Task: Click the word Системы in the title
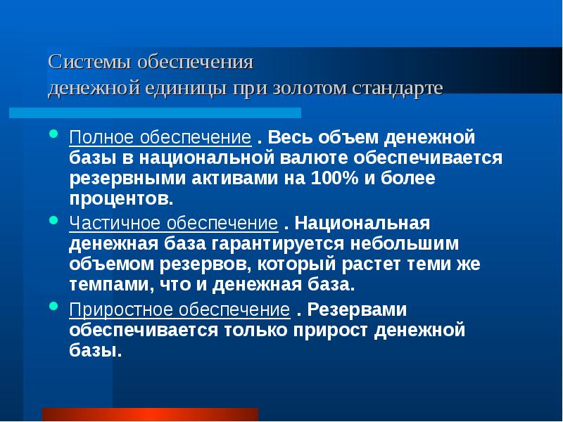81,63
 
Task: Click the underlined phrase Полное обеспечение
160,136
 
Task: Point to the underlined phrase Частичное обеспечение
173,224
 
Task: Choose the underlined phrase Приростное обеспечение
179,310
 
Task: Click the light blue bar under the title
155,113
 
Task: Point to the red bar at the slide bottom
150,414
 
